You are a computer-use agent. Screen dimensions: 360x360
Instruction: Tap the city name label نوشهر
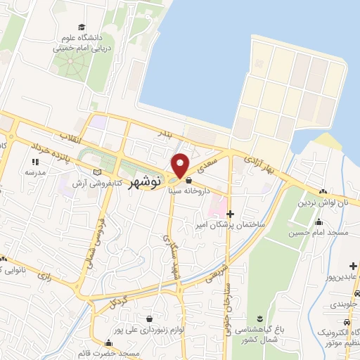tap(146, 181)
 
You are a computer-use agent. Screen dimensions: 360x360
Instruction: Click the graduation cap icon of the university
tap(84, 26)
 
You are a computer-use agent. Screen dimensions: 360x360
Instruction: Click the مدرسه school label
tap(35, 172)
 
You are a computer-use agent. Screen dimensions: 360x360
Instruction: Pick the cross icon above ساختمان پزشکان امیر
tap(230, 213)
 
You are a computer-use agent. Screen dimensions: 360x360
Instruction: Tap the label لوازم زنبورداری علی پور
tap(148, 329)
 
